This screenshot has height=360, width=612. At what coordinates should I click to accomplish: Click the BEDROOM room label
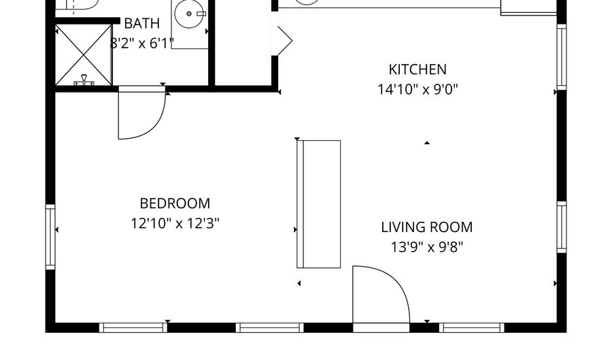[175, 203]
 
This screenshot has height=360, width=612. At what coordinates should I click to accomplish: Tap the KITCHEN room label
[418, 69]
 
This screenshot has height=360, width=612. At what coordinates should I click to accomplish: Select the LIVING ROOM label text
[426, 227]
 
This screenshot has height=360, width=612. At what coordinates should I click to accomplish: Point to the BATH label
[141, 23]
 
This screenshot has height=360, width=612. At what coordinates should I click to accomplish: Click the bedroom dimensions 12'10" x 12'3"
[175, 224]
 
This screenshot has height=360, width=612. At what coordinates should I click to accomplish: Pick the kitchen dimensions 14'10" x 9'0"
[418, 90]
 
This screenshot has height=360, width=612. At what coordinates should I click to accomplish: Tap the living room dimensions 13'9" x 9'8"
[426, 247]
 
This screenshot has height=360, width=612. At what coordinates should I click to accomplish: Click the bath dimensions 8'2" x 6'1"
[141, 44]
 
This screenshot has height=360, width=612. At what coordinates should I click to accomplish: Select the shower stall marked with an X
[84, 54]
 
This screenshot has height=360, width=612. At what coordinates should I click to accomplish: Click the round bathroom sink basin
[189, 14]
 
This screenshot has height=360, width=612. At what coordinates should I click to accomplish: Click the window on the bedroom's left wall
[51, 237]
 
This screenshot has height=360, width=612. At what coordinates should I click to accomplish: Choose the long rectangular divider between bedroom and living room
[318, 204]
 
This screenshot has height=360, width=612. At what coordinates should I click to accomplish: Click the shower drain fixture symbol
[84, 80]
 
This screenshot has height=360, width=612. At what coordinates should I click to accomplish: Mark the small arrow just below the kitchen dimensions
[427, 143]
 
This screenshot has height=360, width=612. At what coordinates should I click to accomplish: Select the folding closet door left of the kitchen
[284, 41]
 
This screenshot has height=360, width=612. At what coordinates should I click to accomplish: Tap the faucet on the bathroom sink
[201, 14]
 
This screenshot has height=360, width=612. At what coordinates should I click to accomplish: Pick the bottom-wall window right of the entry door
[471, 327]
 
